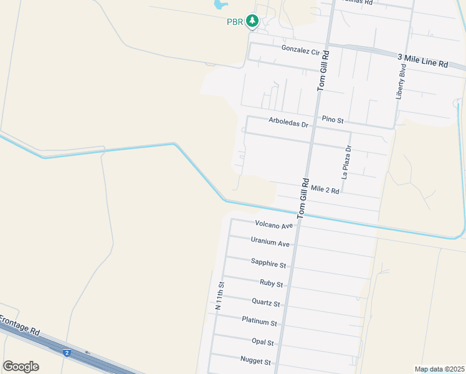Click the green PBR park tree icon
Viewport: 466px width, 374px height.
click(x=252, y=22)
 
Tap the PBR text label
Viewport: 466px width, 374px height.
click(x=234, y=22)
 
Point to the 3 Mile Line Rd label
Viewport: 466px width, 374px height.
click(x=422, y=60)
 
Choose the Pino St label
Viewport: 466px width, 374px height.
click(x=333, y=118)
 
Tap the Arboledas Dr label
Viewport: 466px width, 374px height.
click(x=288, y=123)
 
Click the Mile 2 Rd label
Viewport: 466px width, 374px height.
click(x=325, y=189)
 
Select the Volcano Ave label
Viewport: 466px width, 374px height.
click(x=273, y=224)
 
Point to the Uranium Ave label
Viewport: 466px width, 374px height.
click(x=270, y=242)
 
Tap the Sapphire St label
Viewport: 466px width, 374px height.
click(x=268, y=264)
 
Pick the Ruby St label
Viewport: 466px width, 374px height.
click(x=271, y=284)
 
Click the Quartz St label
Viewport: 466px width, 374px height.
click(x=265, y=303)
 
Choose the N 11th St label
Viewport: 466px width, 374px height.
click(x=219, y=295)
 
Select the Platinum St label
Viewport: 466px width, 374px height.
click(x=259, y=322)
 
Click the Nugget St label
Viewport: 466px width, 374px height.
click(x=255, y=361)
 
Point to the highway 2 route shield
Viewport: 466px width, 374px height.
click(x=67, y=353)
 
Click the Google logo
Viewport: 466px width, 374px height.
click(x=21, y=366)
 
